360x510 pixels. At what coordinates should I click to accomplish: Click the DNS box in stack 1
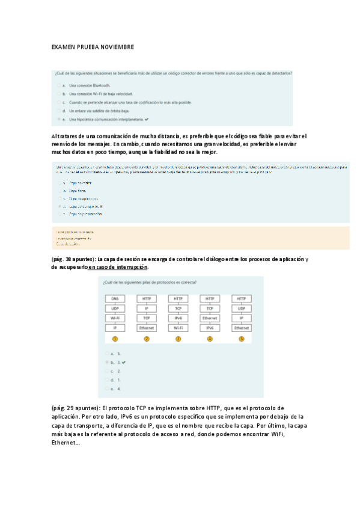point(115,298)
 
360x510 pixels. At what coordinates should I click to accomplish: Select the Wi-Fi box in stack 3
point(178,328)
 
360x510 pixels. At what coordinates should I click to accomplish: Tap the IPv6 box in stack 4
point(210,328)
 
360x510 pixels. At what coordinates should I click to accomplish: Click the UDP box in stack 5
point(242,308)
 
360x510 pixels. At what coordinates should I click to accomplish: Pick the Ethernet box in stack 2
point(147,328)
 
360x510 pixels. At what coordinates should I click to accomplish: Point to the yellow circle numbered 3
point(178,339)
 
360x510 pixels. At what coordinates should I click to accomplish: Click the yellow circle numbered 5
point(242,339)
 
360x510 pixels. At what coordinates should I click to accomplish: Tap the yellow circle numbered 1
point(115,339)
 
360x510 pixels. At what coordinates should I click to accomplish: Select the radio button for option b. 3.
point(106,363)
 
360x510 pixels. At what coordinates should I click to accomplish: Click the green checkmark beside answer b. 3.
point(123,363)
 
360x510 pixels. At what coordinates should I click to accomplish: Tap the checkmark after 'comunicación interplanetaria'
point(146,120)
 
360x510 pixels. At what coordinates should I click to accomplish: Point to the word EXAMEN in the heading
point(63,47)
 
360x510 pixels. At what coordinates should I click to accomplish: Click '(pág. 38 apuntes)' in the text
point(74,259)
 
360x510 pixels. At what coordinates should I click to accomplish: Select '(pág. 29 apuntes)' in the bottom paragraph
point(74,408)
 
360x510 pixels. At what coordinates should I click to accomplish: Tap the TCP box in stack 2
point(147,318)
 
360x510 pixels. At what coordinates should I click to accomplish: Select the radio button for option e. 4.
point(106,389)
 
